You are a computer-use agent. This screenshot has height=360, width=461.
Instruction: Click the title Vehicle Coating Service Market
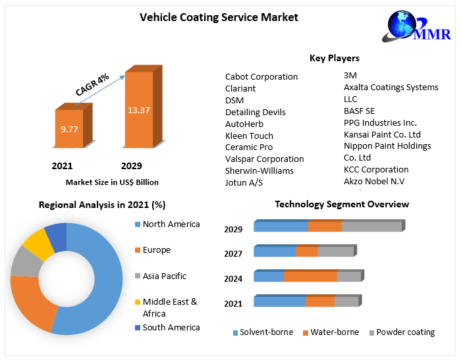tap(219, 17)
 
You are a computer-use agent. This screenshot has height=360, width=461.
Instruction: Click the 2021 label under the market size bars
tap(62, 166)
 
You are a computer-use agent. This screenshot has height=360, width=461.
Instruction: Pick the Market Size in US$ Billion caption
tap(112, 182)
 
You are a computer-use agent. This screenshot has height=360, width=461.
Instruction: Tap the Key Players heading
tap(335, 59)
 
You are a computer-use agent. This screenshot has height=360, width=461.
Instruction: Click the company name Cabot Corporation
tap(261, 76)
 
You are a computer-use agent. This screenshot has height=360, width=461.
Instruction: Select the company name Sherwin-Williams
tap(259, 170)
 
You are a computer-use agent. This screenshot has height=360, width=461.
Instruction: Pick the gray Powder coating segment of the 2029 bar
tap(371, 226)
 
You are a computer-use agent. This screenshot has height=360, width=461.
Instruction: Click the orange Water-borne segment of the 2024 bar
tap(310, 276)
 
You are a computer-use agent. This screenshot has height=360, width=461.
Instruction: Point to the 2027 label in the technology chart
tap(233, 253)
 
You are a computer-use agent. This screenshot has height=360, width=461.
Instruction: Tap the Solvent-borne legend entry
tap(263, 332)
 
